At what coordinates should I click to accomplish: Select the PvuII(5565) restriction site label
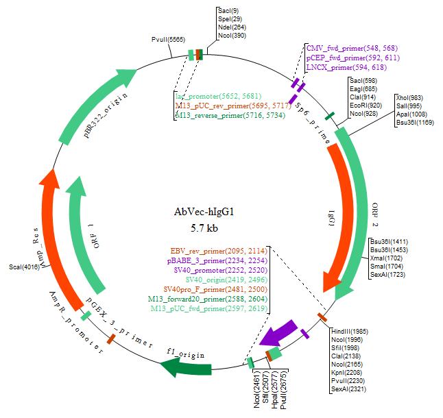pos(168,41)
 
